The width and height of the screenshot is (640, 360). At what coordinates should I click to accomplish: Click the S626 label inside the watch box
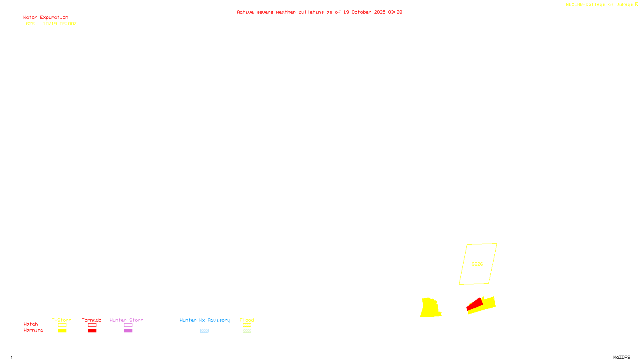(x=477, y=264)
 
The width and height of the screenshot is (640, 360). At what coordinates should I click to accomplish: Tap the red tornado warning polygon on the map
(x=475, y=304)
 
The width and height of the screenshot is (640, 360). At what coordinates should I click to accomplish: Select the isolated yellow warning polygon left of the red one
(x=430, y=308)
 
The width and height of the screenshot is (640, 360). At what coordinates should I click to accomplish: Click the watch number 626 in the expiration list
(x=30, y=24)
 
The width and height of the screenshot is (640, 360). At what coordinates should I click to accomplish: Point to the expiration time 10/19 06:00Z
(x=60, y=24)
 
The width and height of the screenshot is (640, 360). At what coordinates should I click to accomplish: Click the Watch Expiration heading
(x=46, y=18)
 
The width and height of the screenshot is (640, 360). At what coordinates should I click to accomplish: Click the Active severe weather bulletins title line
(x=319, y=12)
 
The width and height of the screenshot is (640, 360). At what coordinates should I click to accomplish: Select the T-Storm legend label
(x=62, y=320)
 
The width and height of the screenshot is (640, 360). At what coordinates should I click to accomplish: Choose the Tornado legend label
(x=92, y=320)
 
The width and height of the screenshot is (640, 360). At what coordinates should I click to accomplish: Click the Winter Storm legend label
(x=126, y=320)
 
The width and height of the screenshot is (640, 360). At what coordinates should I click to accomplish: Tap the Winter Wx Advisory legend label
(x=205, y=320)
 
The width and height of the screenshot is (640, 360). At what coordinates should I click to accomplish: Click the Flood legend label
(x=247, y=320)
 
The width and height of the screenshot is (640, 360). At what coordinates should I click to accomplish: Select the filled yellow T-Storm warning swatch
(x=62, y=331)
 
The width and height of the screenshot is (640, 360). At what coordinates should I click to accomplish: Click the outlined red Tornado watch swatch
(x=92, y=325)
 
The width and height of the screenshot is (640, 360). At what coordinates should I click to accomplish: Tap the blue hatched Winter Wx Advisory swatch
(x=204, y=331)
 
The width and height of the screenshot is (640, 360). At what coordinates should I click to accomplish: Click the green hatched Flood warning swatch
(x=247, y=331)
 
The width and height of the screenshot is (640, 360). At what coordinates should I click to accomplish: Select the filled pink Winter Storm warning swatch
(x=128, y=331)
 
